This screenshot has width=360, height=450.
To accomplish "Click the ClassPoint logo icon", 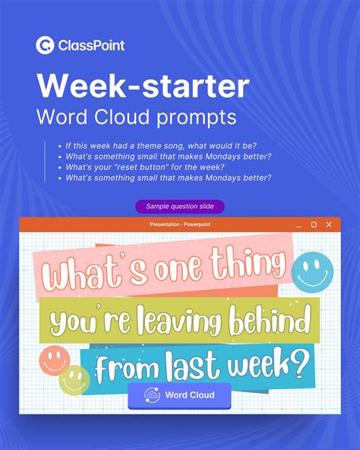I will pos(45,46).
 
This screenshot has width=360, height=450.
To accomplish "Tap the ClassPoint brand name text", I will pos(91,46).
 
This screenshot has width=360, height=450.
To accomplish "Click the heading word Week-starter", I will pos(143,86).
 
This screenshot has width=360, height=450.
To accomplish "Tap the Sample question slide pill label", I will pos(180,207).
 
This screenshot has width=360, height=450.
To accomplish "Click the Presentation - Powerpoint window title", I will pos(179,225).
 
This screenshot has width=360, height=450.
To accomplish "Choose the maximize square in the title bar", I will pos(314,225).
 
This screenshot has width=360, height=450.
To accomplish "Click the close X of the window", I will pos(329,225).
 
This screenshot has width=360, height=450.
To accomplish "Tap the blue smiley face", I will pos(313,271).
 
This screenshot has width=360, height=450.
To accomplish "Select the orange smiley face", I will pos(55,359).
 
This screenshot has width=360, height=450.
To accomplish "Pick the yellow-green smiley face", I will pos(74,379).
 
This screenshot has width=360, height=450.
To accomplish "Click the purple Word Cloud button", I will pos(180,395).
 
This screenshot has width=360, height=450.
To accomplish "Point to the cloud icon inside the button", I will pos(153,395).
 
